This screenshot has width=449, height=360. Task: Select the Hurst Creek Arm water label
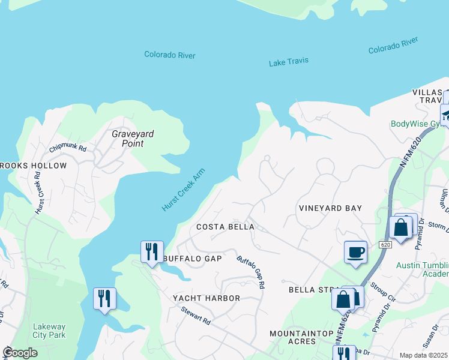[x=183, y=190]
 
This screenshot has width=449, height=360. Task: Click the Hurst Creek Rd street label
[x=39, y=193]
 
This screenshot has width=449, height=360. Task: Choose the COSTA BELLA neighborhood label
[x=226, y=227]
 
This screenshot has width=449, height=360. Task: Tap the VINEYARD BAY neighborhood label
[x=330, y=208]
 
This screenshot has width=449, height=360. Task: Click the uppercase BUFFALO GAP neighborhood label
[x=192, y=259]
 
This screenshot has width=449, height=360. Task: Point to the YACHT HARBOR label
[x=206, y=298]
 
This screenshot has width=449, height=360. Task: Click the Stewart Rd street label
[x=196, y=316]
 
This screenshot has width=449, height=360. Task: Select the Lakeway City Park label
[x=49, y=331]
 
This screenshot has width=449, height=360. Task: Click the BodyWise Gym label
[x=415, y=124]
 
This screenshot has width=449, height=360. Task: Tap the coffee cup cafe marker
[x=355, y=251]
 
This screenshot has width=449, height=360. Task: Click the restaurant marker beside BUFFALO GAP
[x=152, y=251]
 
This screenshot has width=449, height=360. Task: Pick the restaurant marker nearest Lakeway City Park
[x=104, y=298]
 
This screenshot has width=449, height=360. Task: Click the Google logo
[x=20, y=352]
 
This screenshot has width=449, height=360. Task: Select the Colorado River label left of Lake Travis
[x=170, y=55]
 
